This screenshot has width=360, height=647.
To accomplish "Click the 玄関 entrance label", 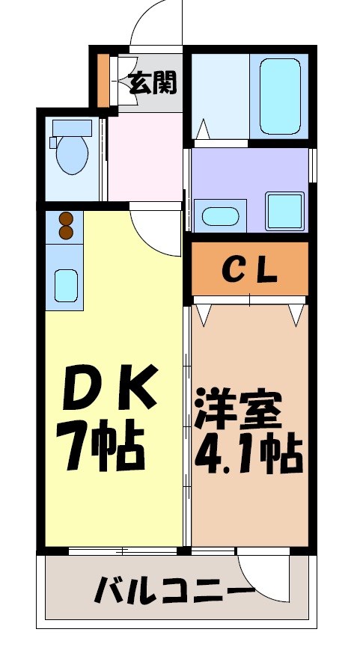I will [x=153, y=83].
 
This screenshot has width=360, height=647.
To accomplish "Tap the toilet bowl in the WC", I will [x=73, y=155].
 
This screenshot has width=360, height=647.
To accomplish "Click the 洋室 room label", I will [x=239, y=408].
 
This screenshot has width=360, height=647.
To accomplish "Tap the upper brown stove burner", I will [x=66, y=219].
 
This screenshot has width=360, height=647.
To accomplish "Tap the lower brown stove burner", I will [x=66, y=233].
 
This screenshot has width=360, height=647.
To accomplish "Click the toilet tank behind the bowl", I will [x=72, y=128].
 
